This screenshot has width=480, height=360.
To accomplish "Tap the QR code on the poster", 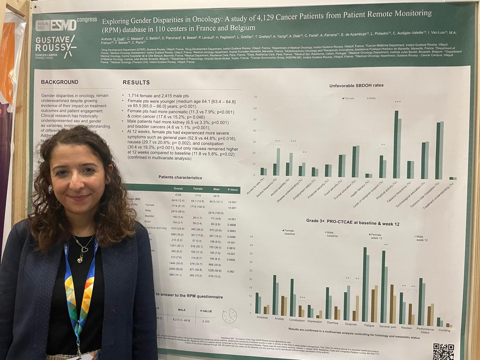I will [x=443, y=351].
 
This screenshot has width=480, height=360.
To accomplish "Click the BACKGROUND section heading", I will [x=60, y=82].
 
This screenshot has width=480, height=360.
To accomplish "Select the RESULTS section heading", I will [x=136, y=82].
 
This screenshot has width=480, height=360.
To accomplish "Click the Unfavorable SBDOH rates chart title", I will [x=356, y=85].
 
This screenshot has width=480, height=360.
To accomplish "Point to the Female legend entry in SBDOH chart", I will [x=348, y=98].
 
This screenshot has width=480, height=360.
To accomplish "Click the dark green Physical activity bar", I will [x=396, y=144].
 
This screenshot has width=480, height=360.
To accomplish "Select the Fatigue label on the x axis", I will [x=369, y=325].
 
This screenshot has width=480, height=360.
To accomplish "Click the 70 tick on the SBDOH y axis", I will [x=255, y=97].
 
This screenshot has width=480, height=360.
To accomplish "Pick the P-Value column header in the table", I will [x=232, y=190].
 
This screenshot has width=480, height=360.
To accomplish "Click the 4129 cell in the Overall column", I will [x=178, y=195].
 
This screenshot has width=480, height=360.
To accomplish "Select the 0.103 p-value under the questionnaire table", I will [x=206, y=322].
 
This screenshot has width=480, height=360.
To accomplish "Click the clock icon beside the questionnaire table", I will [x=229, y=316].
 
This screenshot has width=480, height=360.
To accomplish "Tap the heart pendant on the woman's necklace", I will [x=85, y=249].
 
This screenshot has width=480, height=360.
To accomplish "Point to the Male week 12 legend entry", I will [x=421, y=238].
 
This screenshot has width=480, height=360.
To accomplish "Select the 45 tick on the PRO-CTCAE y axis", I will [x=251, y=237].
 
